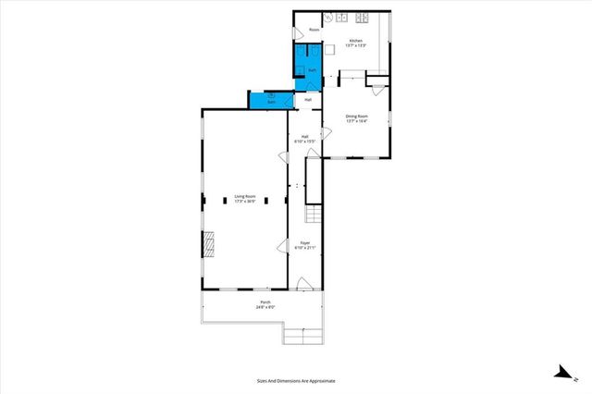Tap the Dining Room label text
(357, 117)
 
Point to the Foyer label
(305, 246)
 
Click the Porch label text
(265, 305)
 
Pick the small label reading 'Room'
(314, 30)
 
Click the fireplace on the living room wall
(210, 243)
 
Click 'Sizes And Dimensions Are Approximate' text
(296, 380)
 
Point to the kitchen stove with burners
(361, 17)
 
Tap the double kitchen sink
(341, 17)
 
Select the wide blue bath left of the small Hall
(269, 99)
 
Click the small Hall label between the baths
(308, 99)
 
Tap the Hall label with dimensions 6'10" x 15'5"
(305, 139)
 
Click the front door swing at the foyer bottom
(302, 283)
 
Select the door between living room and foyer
(283, 245)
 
